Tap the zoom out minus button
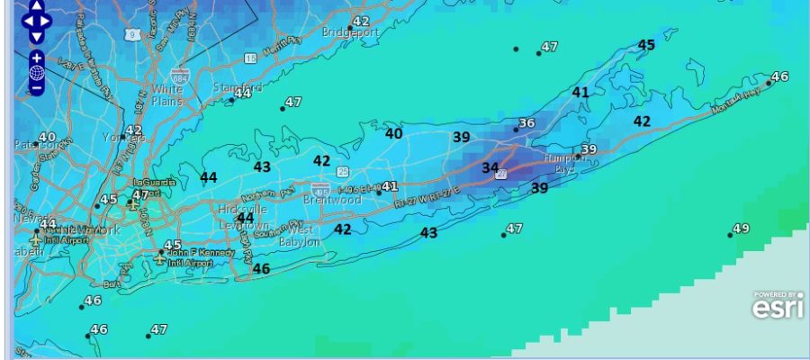[37, 88]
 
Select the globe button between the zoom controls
[37, 73]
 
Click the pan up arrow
[37, 6]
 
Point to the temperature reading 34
[490, 167]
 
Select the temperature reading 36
[527, 123]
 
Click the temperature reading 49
[741, 229]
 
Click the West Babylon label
[302, 236]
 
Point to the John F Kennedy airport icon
[159, 257]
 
